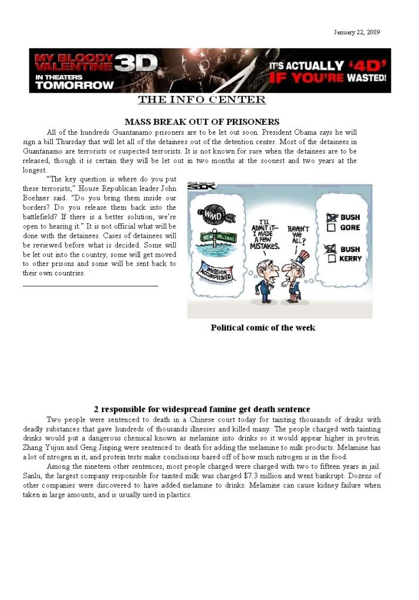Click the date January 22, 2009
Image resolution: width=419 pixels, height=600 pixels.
(x=356, y=32)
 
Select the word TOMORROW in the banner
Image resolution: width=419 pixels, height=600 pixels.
(x=75, y=85)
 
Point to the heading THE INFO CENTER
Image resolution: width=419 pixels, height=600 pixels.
(x=201, y=100)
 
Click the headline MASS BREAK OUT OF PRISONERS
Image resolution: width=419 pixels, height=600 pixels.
(x=201, y=122)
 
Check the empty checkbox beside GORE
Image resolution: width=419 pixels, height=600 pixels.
(x=330, y=228)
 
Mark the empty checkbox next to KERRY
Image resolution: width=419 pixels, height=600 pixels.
(x=330, y=259)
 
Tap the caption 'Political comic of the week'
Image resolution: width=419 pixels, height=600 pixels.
(x=263, y=328)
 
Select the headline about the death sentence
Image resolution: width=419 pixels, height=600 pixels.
(x=201, y=409)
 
